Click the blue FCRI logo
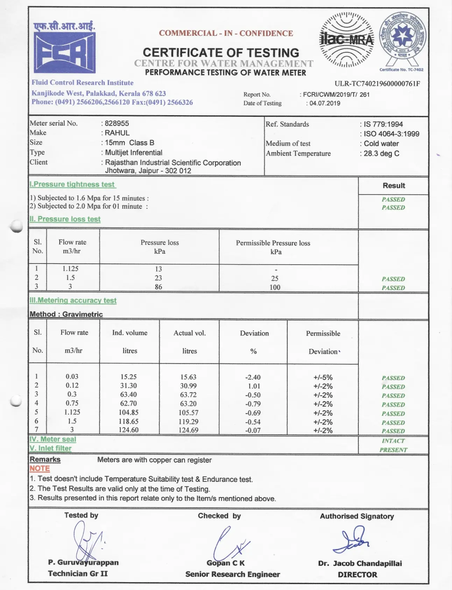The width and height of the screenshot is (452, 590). tap(64, 52)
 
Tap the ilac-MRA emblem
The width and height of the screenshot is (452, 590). tap(347, 40)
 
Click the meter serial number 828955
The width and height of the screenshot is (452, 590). tap(117, 123)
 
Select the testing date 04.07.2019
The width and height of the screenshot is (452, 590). tap(325, 103)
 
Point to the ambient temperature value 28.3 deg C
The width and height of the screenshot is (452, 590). tap(381, 153)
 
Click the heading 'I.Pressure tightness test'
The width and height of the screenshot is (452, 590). tap(73, 184)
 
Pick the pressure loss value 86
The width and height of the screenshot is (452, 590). tap(158, 287)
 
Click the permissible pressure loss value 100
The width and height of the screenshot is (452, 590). tap(275, 287)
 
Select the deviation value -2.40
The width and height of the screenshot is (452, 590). tap(253, 377)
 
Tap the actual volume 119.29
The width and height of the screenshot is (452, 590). tap(189, 422)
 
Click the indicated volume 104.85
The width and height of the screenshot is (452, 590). tap(129, 413)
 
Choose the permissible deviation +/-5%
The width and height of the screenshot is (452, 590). tap(323, 378)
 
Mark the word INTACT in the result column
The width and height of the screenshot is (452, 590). tap(393, 441)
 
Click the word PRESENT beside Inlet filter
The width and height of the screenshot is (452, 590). tap(393, 450)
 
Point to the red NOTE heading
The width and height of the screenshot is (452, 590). tap(40, 469)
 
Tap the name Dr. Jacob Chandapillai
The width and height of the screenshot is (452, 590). tap(360, 563)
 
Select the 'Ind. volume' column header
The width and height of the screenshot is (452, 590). tap(130, 333)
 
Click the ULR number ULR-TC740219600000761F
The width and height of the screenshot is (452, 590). tap(377, 84)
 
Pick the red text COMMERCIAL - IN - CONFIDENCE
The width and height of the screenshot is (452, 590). tap(226, 33)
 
